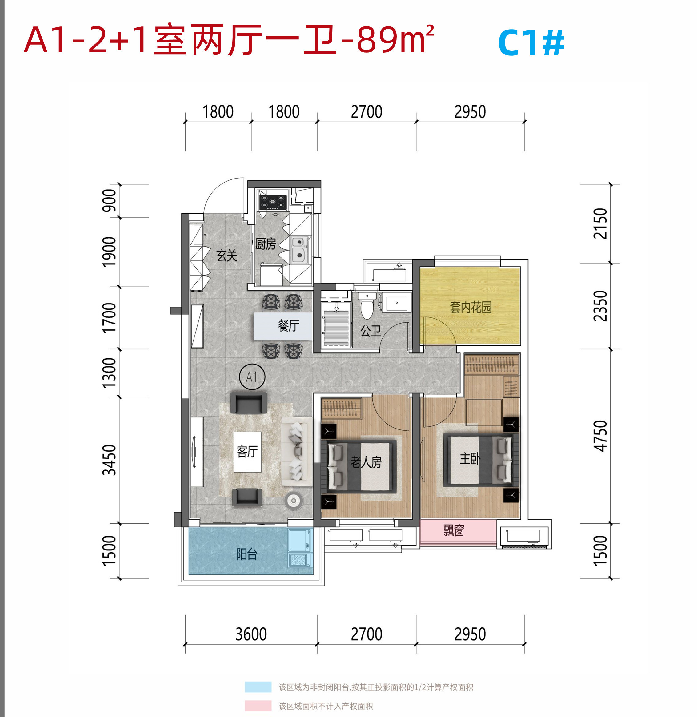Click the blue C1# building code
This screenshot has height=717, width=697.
pyautogui.click(x=531, y=43)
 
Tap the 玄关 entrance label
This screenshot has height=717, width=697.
pyautogui.click(x=227, y=255)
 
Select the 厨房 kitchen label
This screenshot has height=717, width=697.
pyautogui.click(x=266, y=244)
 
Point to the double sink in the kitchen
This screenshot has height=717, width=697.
pyautogui.click(x=299, y=249)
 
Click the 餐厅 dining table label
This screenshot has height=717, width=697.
pyautogui.click(x=288, y=325)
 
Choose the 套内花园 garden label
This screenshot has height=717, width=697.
pyautogui.click(x=471, y=307)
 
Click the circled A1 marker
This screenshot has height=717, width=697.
pyautogui.click(x=252, y=377)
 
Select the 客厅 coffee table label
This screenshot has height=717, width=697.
pyautogui.click(x=247, y=452)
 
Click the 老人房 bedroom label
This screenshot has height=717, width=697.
pyautogui.click(x=366, y=462)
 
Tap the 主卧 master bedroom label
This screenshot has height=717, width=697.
pyautogui.click(x=470, y=458)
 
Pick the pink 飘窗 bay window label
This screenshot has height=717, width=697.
pyautogui.click(x=454, y=530)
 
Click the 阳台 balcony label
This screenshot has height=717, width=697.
pyautogui.click(x=247, y=554)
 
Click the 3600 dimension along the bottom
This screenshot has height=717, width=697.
pyautogui.click(x=251, y=634)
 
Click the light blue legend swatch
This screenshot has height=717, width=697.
pyautogui.click(x=258, y=687)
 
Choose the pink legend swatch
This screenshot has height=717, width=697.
pyautogui.click(x=258, y=706)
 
